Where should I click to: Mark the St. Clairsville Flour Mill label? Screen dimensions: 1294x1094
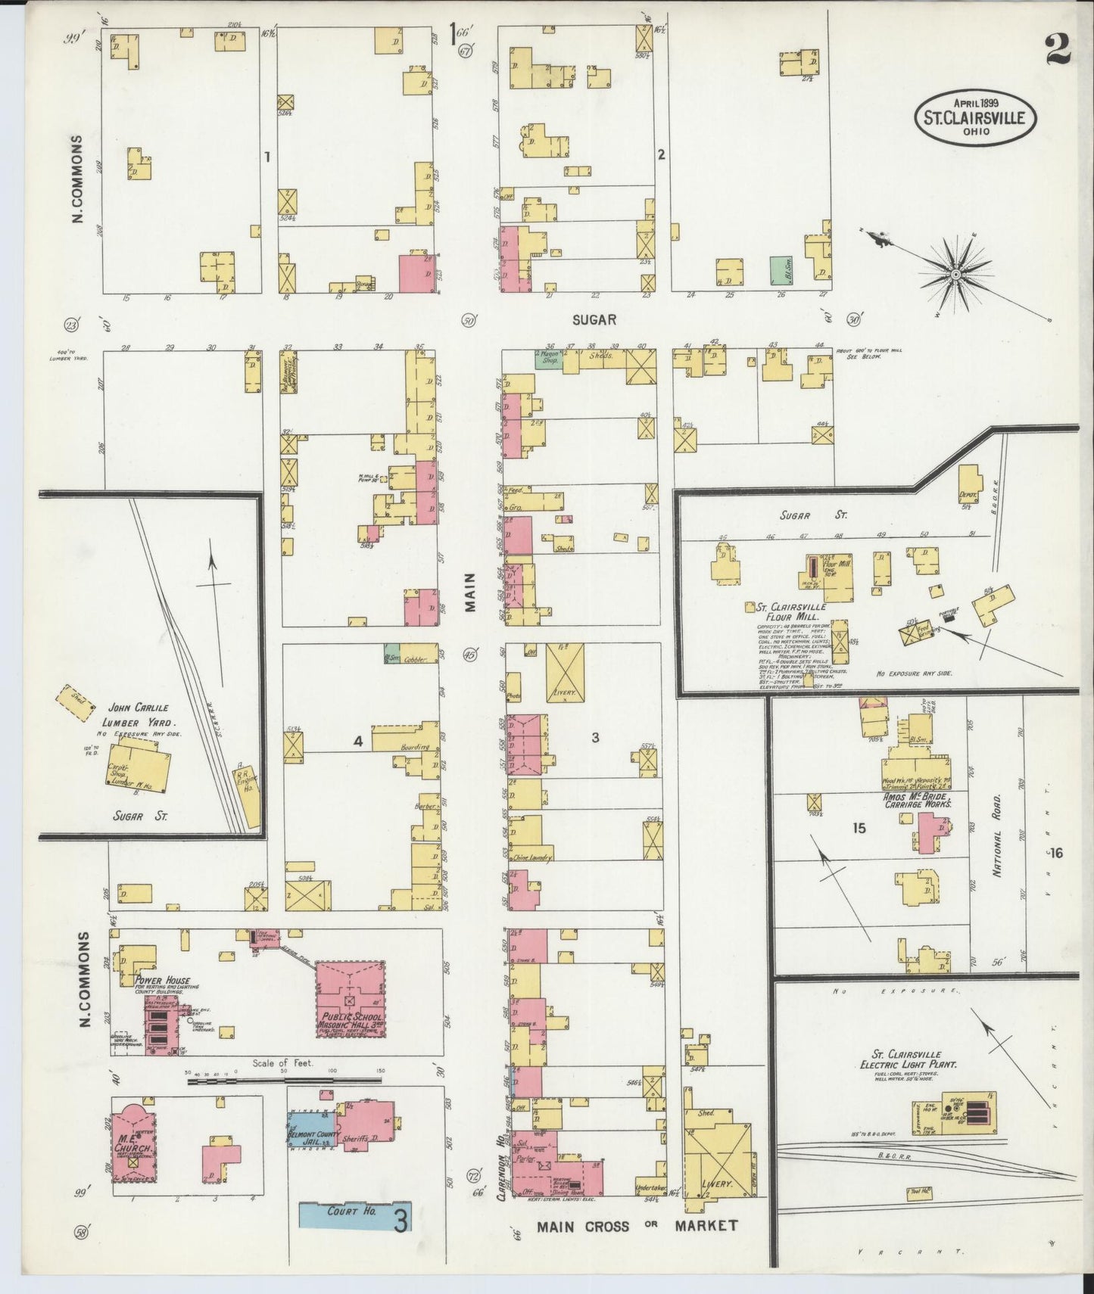794,611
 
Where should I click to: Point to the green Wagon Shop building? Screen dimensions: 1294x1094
550,359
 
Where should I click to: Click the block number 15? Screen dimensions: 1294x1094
858,829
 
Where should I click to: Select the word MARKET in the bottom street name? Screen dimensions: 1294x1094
706,1225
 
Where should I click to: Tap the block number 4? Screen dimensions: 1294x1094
358,742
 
